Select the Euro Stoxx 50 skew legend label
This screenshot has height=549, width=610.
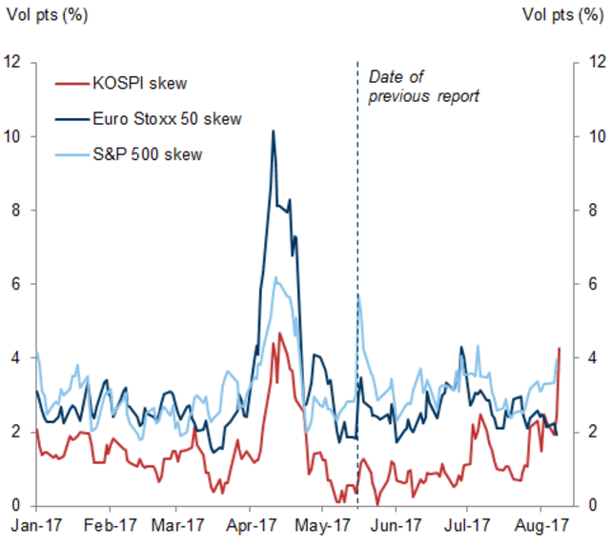(166, 119)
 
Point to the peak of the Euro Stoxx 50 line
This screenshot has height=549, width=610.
(274, 131)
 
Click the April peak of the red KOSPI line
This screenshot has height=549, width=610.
(280, 333)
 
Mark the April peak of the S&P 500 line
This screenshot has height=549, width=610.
(275, 277)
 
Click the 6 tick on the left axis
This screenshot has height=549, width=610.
(16, 284)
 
